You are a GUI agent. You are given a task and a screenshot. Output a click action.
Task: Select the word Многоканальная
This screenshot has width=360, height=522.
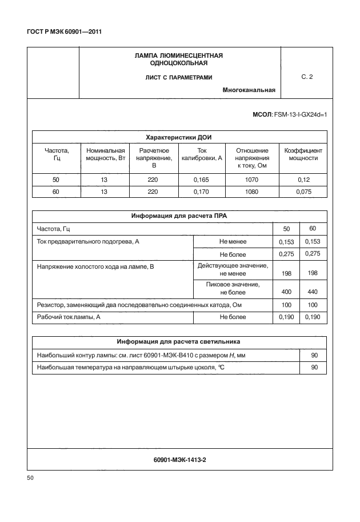(x=249, y=90)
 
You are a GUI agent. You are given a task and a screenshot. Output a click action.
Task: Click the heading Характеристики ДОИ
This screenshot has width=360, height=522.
(x=179, y=137)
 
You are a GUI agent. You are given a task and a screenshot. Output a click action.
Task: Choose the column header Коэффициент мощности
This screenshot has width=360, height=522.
(x=303, y=154)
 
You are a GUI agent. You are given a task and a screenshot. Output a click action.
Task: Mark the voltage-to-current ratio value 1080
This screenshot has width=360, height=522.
(x=251, y=192)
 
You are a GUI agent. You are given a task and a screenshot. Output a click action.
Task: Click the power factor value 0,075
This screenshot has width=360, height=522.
(x=303, y=192)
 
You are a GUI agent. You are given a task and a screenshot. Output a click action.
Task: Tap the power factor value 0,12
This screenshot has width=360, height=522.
(x=303, y=180)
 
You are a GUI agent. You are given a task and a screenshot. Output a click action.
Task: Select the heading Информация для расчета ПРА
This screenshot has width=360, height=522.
(x=179, y=217)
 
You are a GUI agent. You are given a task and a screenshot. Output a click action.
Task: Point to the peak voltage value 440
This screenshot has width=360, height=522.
(x=313, y=292)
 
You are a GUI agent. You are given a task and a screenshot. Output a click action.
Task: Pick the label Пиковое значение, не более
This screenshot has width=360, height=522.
(x=233, y=288)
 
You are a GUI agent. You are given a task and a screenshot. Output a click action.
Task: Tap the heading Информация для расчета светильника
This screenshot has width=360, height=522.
(x=179, y=342)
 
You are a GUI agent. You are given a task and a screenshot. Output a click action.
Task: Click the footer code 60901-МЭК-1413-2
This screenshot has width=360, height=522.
(x=179, y=459)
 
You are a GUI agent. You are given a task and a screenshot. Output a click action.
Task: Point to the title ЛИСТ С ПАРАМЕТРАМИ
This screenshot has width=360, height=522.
(x=179, y=77)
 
